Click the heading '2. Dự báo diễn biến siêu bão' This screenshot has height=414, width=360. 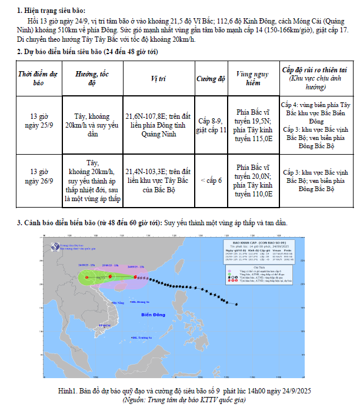[x=87, y=52]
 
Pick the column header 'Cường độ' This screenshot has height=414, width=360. [x=211, y=78]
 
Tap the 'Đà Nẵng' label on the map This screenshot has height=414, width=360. [x=118, y=302]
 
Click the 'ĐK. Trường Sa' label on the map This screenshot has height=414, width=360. [x=142, y=338]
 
